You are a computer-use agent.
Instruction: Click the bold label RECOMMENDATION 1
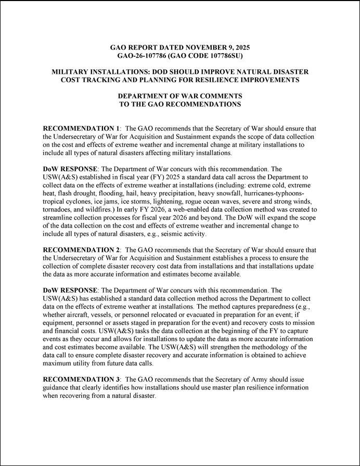(x=82, y=128)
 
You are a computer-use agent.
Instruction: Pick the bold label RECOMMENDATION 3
(x=82, y=380)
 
